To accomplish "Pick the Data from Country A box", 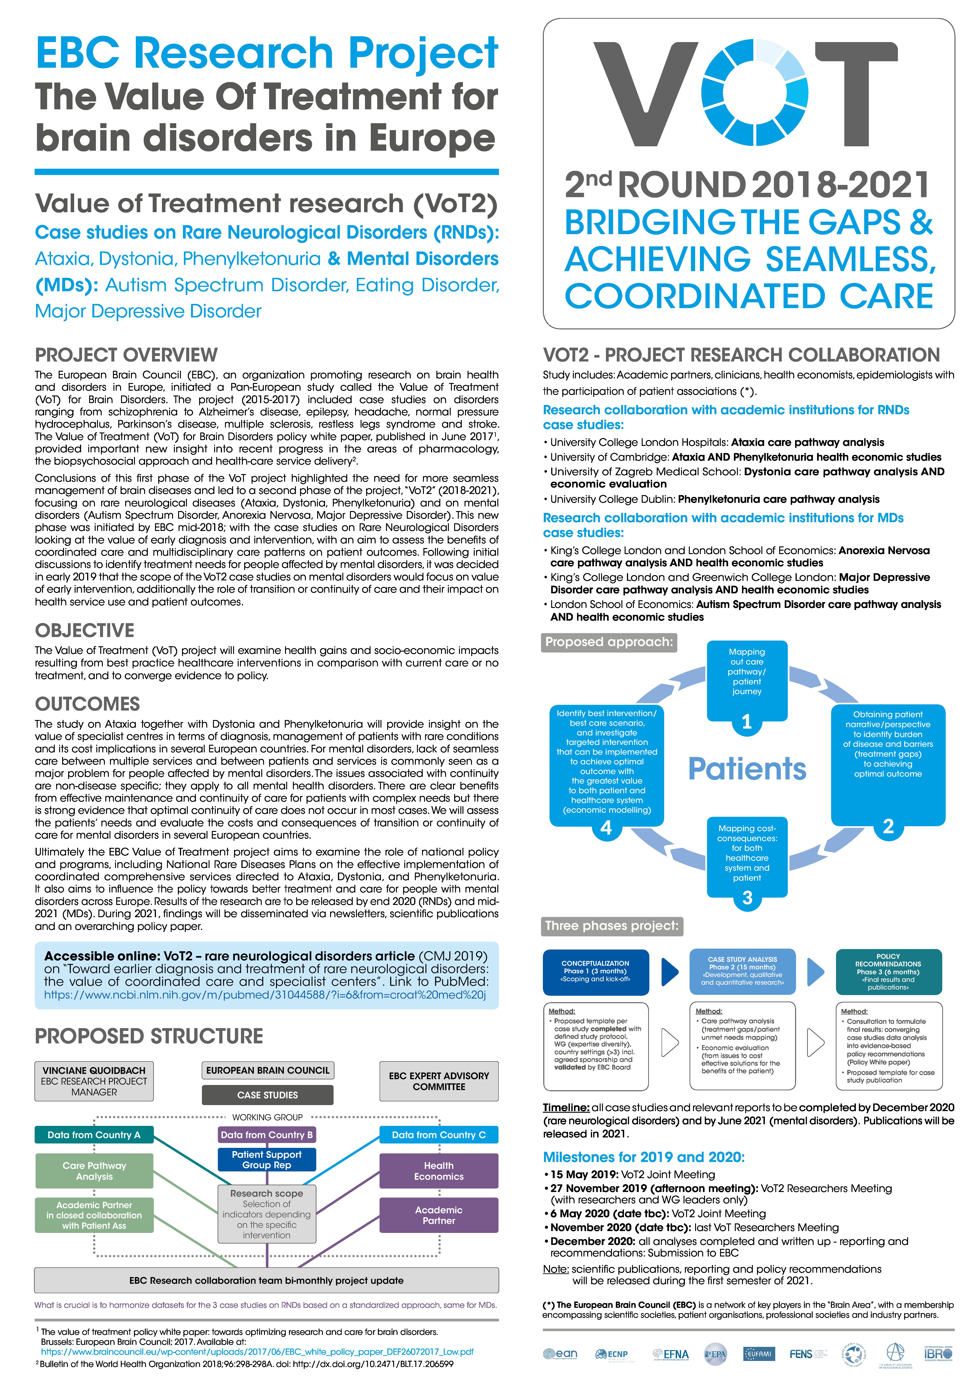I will click(x=94, y=1135).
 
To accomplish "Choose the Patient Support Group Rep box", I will click(x=266, y=1159).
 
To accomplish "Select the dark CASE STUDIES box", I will click(x=267, y=1095).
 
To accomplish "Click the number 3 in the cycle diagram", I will click(x=747, y=898).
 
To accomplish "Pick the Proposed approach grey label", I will click(x=609, y=642).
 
